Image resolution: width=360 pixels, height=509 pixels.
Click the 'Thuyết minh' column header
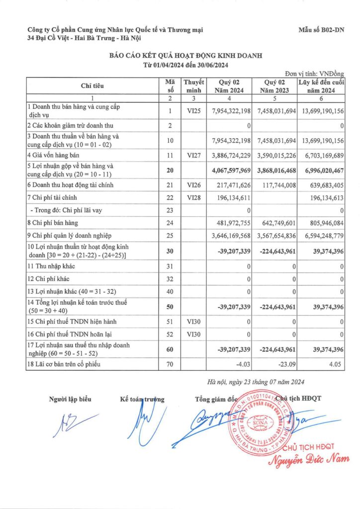click(x=193, y=86)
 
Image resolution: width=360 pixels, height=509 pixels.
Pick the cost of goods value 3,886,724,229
click(x=229, y=156)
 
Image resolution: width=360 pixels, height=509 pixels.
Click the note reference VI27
click(x=193, y=156)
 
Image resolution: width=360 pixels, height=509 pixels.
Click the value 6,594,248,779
click(x=322, y=237)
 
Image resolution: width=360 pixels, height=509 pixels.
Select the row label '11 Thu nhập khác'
click(x=53, y=267)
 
